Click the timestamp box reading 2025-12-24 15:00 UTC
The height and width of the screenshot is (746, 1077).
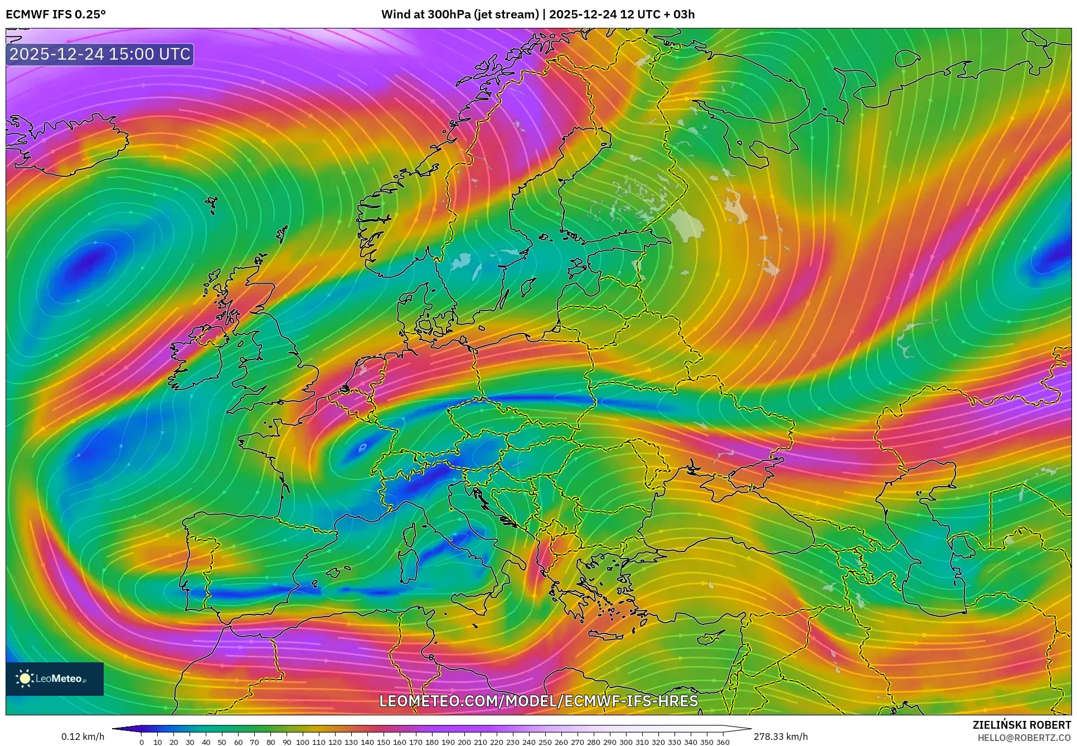(100, 54)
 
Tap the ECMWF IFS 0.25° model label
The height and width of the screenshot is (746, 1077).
(55, 14)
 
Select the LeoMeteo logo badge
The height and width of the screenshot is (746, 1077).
(55, 679)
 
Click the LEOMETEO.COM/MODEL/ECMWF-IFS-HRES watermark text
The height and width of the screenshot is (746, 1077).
(538, 701)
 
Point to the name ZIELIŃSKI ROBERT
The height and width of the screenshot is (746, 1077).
(1021, 725)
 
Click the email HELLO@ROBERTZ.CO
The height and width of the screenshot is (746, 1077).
(1024, 737)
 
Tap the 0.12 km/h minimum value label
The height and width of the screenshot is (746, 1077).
(83, 737)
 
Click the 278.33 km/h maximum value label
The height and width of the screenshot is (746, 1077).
(780, 737)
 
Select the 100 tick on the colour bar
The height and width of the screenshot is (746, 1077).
(303, 742)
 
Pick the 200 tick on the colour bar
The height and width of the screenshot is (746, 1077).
(464, 742)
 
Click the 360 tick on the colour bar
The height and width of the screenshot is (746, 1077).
(723, 742)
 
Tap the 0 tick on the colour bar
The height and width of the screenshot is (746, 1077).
(142, 742)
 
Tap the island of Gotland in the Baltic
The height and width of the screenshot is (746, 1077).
(527, 288)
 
